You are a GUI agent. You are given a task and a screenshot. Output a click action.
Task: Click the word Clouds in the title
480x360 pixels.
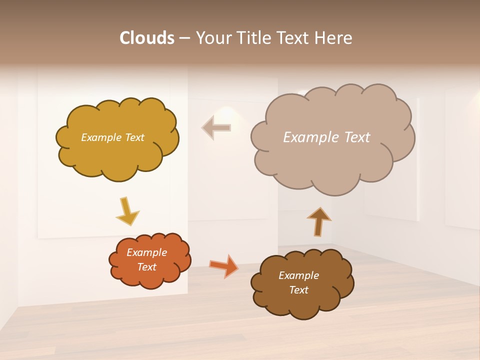pos(146,38)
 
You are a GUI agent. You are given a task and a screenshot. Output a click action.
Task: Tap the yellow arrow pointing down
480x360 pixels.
pos(128,210)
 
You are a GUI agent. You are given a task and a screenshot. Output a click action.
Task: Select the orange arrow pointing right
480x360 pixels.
pos(224,265)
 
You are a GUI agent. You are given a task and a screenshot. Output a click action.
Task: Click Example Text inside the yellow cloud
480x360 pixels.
pos(112,137)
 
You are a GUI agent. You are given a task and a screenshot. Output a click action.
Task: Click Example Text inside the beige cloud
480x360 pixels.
pos(326,137)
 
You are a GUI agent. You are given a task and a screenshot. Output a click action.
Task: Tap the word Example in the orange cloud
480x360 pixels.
pos(146,252)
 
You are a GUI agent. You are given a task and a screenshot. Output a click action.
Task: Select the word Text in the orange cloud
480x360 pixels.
pos(147,267)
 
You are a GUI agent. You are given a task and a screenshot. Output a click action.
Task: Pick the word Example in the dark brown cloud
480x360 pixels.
pos(298,275)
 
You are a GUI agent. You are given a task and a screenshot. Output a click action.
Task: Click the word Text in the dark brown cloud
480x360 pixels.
pos(299,290)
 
